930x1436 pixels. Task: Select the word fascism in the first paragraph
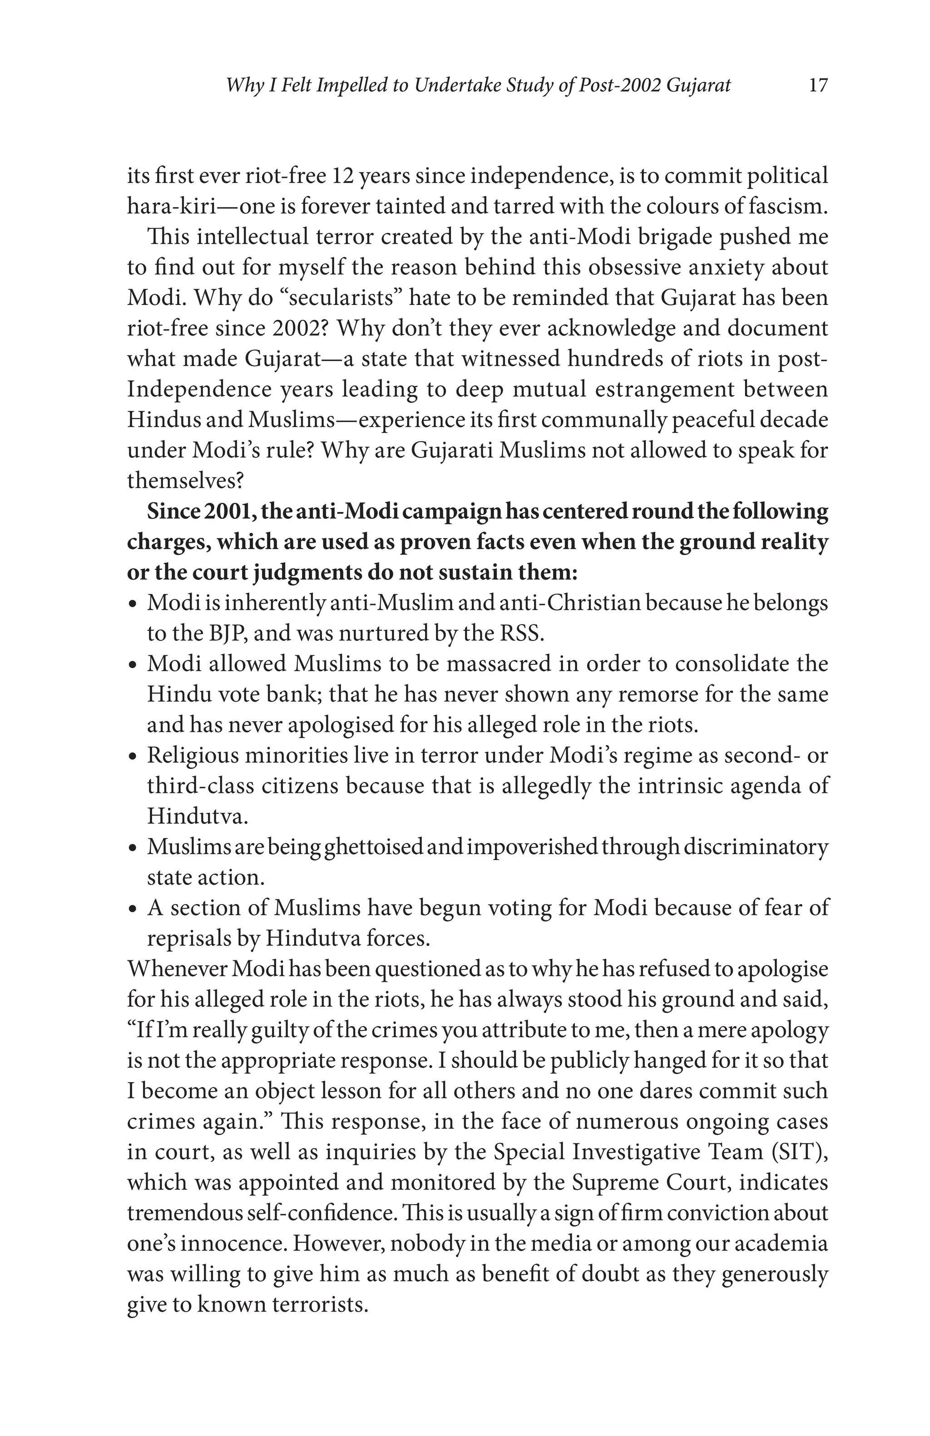787,207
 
